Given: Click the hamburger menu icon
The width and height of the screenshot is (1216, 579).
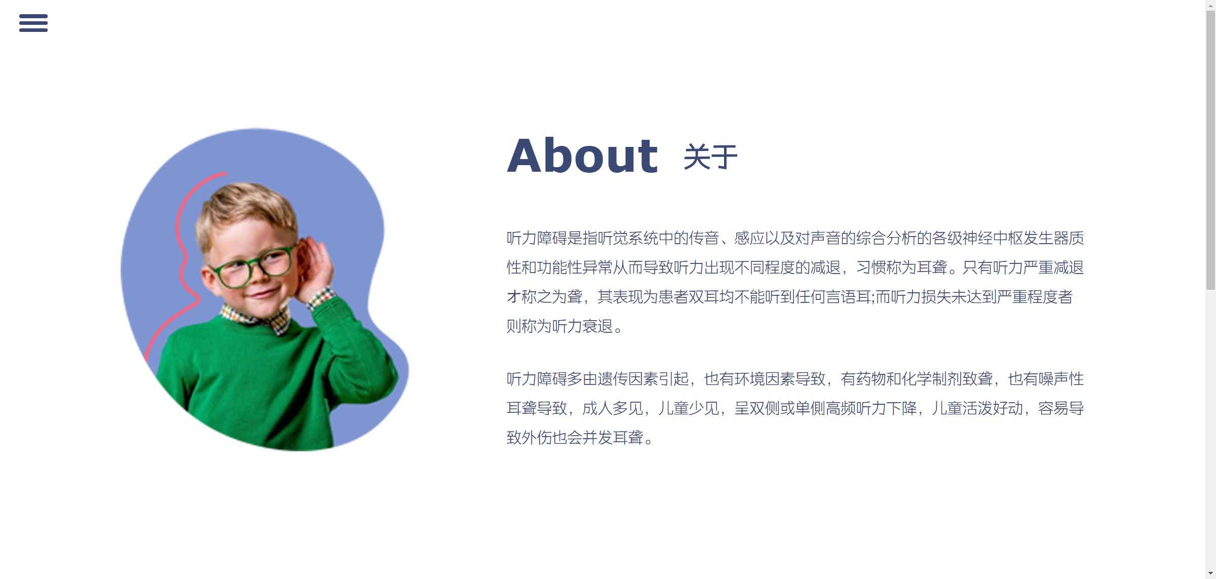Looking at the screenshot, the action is pos(33,23).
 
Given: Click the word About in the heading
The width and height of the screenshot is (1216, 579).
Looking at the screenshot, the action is pos(583,156).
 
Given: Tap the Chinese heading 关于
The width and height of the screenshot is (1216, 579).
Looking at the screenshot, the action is pos(710,157).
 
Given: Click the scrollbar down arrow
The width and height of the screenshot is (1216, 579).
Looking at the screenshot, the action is pos(1210,574).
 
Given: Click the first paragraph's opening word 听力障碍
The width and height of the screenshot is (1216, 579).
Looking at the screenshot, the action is pos(537,238).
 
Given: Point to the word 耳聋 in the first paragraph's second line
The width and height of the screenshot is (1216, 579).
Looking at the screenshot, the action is pos(932,267).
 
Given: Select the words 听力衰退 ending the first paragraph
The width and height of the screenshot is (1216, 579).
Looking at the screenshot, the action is pos(583,326).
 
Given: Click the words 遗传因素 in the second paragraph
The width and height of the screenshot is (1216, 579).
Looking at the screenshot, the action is pos(628,379).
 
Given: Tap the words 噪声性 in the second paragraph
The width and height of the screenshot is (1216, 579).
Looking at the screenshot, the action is pos(1061,379).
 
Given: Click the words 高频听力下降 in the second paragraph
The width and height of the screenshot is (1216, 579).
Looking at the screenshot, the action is pos(871,408).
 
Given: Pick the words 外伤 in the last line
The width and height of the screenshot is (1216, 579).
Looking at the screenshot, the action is pos(537,438).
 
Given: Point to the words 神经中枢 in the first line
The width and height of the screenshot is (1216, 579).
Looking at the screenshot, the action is pos(993,238).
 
